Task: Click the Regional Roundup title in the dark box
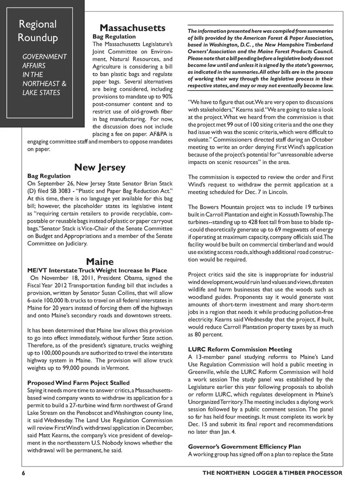38,31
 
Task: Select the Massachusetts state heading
132,28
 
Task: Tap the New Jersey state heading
100,167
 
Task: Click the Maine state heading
100,262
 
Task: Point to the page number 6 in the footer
23,473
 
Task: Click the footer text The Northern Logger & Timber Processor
272,473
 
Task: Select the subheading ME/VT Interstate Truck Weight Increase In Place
97,270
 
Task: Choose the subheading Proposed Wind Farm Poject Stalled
78,383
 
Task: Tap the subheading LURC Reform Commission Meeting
240,349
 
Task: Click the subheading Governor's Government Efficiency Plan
244,447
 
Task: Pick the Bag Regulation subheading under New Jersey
49,176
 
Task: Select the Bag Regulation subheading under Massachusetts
114,36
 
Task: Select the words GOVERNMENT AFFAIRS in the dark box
44,61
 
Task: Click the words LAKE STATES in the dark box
41,92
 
